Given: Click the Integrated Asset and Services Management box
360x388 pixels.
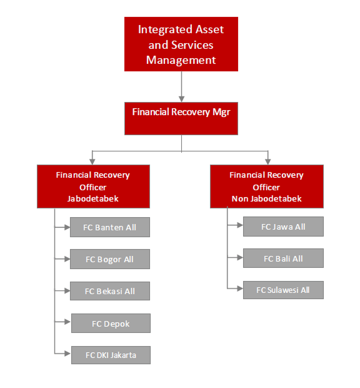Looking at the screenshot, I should point(181,44).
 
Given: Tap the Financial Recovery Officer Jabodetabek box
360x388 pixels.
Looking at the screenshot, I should point(93,186).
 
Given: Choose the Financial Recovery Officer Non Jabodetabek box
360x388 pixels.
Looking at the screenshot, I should point(267,186).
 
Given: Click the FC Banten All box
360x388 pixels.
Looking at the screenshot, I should point(110,227).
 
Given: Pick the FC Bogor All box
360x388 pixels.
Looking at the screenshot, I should point(110,259).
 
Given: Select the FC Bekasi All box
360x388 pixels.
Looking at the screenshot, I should point(110,291).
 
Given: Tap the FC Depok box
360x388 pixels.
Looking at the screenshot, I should point(111,324).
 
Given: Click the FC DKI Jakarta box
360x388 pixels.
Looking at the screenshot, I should point(111,355).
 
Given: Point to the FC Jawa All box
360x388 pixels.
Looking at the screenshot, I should point(283,227).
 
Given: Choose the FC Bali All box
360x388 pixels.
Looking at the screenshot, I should point(283,258).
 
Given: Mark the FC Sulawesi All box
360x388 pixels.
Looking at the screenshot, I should point(283,290).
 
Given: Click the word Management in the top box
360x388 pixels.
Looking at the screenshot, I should point(181,60).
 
